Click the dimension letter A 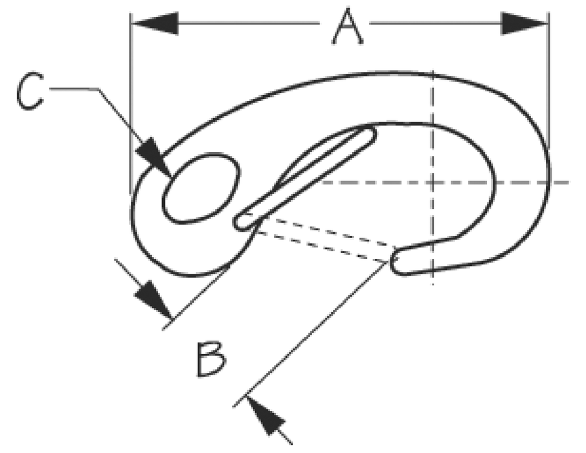pyautogui.click(x=348, y=26)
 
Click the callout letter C pyautogui.click(x=30, y=91)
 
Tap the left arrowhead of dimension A pyautogui.click(x=155, y=23)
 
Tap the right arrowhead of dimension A pyautogui.click(x=524, y=23)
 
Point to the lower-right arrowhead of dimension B pyautogui.click(x=265, y=415)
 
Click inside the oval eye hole pyautogui.click(x=201, y=188)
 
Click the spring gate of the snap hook pyautogui.click(x=304, y=178)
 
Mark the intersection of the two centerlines pyautogui.click(x=433, y=182)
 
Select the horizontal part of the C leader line pyautogui.click(x=74, y=89)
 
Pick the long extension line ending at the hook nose pyautogui.click(x=310, y=334)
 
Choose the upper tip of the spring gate pyautogui.click(x=368, y=134)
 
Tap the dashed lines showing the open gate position pyautogui.click(x=325, y=239)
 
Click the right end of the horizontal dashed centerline pyautogui.click(x=569, y=182)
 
